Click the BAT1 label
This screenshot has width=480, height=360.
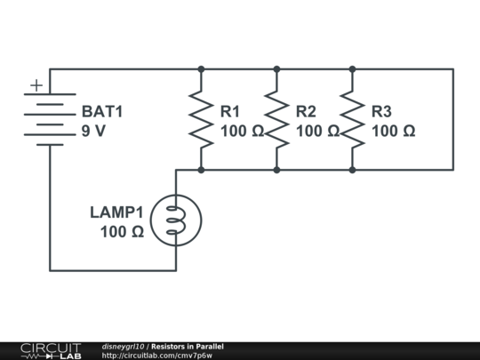click(x=102, y=112)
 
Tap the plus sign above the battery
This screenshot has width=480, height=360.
click(x=36, y=85)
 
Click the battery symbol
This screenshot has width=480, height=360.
click(x=50, y=119)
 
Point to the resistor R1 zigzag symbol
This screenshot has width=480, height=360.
click(x=201, y=119)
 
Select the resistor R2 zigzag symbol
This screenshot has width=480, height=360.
click(x=276, y=119)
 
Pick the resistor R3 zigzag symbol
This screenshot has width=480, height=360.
click(x=352, y=119)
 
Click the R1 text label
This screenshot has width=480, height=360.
click(x=230, y=112)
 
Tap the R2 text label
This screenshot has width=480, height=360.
click(x=306, y=112)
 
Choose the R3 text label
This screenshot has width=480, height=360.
click(x=381, y=112)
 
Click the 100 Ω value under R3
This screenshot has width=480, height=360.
click(x=393, y=131)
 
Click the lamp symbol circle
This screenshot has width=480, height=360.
click(x=176, y=220)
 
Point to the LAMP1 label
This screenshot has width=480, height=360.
click(x=116, y=212)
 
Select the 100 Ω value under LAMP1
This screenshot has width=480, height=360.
click(x=122, y=232)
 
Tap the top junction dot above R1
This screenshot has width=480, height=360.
click(x=201, y=68)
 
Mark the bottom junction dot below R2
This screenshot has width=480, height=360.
click(x=276, y=169)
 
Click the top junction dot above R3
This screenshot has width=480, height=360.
click(x=352, y=68)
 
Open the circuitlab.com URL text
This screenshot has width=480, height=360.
click(x=157, y=356)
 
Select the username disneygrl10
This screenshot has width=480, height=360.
click(x=124, y=346)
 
